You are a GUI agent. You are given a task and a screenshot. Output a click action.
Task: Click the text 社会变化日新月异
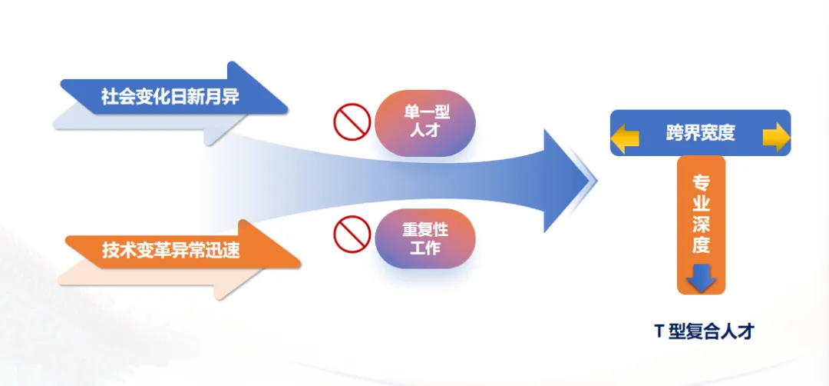(170, 97)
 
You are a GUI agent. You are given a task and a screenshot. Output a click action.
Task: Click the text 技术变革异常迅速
(170, 249)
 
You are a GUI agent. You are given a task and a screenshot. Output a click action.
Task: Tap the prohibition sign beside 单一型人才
(352, 121)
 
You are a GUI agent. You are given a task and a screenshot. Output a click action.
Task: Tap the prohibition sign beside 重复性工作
(352, 235)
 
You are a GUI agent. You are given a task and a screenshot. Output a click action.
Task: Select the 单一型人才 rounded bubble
(425, 123)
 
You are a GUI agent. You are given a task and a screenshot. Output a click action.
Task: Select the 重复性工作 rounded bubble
(425, 238)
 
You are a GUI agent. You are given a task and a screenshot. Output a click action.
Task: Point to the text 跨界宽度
(701, 134)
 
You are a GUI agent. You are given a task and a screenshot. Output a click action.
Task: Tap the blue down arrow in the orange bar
(701, 278)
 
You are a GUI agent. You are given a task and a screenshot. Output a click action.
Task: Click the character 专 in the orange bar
(701, 182)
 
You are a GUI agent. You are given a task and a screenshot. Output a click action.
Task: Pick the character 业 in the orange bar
(701, 203)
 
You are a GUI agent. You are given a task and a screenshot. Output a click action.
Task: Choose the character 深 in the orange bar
(701, 224)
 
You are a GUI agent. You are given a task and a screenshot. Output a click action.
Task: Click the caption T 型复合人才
(704, 331)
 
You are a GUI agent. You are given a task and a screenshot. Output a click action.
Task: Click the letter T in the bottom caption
(659, 331)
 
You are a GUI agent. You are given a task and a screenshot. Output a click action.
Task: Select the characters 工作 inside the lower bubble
(425, 248)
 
